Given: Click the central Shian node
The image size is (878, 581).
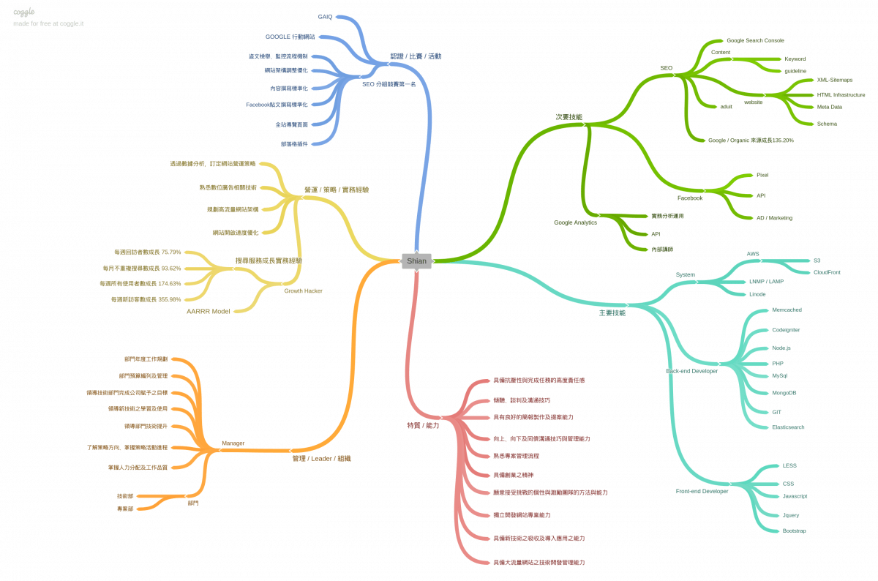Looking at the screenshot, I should tap(416, 260).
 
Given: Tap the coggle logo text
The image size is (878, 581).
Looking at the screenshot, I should tap(24, 12).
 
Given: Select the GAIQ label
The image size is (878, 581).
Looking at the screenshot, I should tap(325, 16).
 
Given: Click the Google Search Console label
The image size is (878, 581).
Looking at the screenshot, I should tap(755, 41).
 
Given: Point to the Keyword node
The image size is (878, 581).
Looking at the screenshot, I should tap(795, 59).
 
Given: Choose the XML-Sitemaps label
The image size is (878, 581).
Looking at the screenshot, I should tap(834, 80).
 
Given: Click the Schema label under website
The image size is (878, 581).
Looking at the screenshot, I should tap(827, 124).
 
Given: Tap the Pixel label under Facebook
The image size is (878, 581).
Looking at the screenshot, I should tap(762, 175).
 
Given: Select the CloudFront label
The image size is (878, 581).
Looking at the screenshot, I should tap(827, 272).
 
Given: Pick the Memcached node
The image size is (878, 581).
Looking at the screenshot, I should tap(787, 310).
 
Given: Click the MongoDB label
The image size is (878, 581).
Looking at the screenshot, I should tap(784, 393).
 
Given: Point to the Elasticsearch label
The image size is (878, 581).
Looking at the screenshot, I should tap(788, 427).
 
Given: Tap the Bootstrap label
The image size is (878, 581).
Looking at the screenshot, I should tap(794, 531).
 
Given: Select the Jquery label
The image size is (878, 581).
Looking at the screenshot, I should tap(790, 515).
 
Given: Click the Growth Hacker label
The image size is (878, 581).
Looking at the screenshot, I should tap(303, 290).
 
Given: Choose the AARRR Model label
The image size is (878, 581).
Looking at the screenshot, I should tap(208, 311).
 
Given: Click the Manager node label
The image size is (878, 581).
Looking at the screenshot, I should tap(233, 443).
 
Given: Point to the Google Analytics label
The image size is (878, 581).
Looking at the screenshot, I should tap(575, 222).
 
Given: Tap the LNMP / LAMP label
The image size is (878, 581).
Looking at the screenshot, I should tap(766, 281).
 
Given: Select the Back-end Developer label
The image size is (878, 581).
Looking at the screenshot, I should tap(691, 371).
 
